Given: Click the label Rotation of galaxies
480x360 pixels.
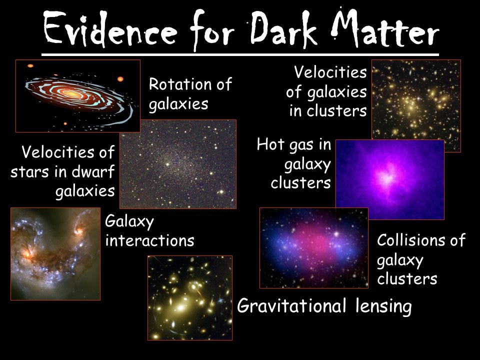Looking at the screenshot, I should [x=190, y=94].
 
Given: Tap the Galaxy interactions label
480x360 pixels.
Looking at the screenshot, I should [x=149, y=231].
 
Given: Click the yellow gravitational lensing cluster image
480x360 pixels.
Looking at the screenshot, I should [x=190, y=297].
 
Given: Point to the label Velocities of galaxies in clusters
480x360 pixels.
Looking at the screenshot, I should [x=327, y=92].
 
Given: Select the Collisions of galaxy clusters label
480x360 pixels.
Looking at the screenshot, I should [x=421, y=259].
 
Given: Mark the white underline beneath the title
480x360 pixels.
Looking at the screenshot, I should [x=240, y=52].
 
